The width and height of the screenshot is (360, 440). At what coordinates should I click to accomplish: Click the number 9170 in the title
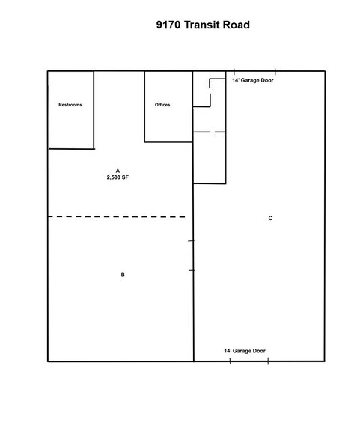(x=169, y=25)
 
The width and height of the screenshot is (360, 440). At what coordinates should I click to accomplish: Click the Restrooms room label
(x=70, y=105)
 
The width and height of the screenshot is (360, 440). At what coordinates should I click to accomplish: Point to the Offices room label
(x=162, y=105)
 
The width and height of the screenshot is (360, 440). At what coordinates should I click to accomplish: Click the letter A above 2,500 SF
(x=118, y=171)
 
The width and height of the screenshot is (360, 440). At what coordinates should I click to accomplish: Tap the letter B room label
(x=123, y=275)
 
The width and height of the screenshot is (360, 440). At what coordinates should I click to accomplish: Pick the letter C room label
(x=269, y=219)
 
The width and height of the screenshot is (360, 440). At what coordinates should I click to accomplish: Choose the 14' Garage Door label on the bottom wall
(x=245, y=351)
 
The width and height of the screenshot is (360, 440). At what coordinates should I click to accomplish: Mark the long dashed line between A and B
(x=117, y=216)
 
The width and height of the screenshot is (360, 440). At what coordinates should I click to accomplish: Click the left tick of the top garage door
(x=234, y=71)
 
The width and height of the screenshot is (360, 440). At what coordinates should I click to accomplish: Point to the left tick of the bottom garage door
(x=230, y=361)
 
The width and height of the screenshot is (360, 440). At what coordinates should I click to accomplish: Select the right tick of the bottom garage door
(x=268, y=361)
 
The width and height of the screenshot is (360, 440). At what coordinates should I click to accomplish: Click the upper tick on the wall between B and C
(x=192, y=241)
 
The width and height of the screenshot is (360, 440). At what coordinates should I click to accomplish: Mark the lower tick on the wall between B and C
(x=192, y=269)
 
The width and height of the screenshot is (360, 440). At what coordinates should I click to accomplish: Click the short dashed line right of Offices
(x=209, y=132)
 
